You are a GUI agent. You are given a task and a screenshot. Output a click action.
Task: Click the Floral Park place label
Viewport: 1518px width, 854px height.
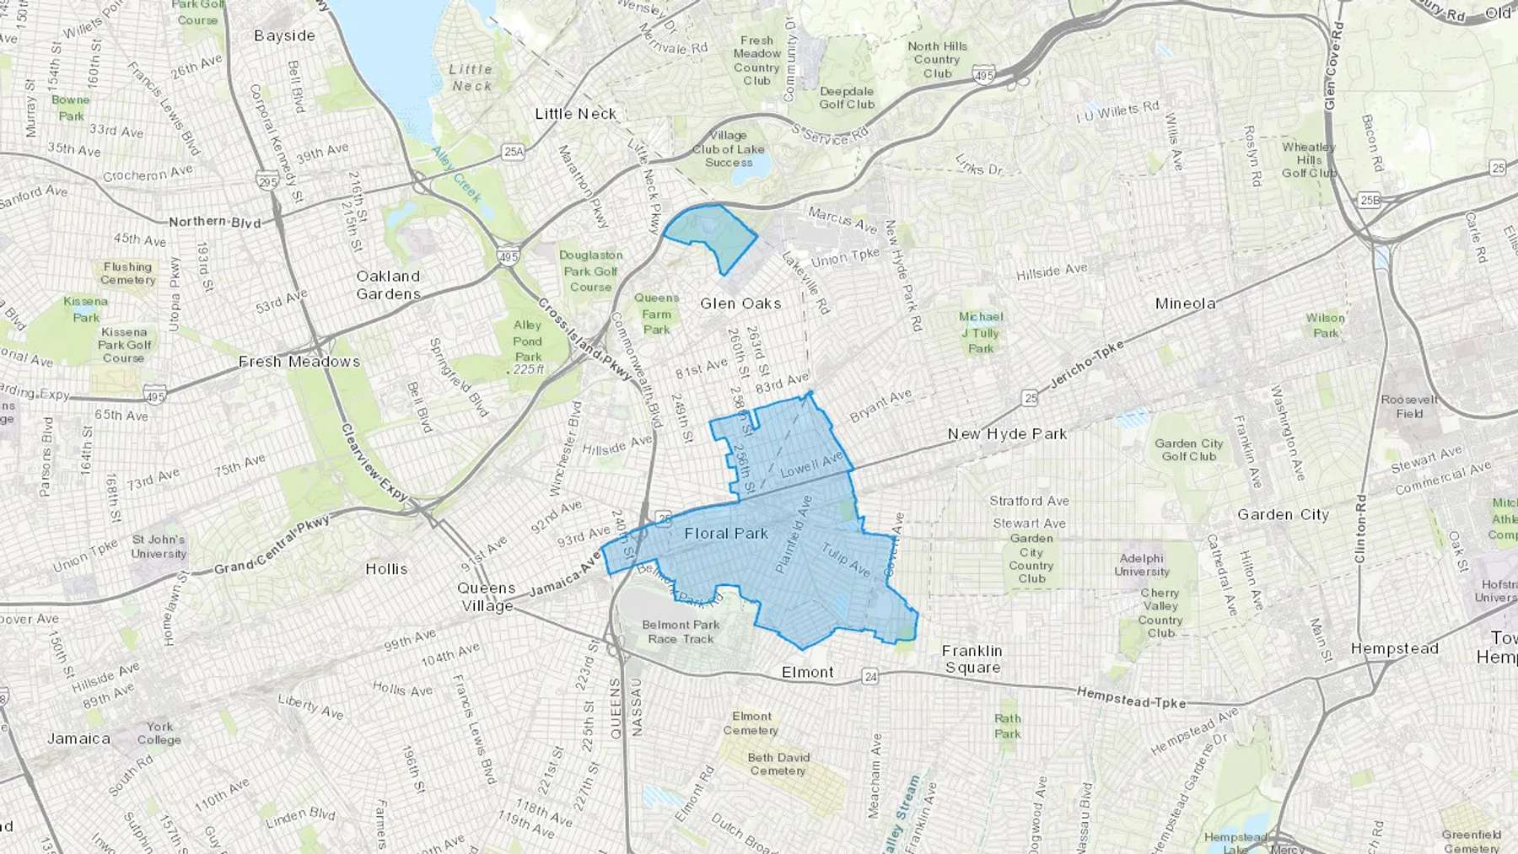pyautogui.click(x=726, y=534)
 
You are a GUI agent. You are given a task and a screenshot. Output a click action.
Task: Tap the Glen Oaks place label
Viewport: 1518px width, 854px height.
pyautogui.click(x=740, y=303)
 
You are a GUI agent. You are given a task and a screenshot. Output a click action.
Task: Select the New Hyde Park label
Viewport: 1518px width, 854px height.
pyautogui.click(x=1007, y=434)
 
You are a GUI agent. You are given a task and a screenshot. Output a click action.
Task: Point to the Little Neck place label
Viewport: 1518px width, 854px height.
pyautogui.click(x=576, y=114)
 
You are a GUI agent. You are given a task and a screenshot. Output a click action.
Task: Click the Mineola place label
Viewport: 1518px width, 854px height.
pyautogui.click(x=1185, y=303)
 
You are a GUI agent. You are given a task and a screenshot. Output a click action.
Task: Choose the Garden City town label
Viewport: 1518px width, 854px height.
pyautogui.click(x=1283, y=515)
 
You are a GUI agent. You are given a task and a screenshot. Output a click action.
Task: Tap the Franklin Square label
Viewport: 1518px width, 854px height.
pyautogui.click(x=972, y=659)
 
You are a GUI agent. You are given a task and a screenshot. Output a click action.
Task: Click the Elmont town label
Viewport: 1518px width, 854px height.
pyautogui.click(x=807, y=673)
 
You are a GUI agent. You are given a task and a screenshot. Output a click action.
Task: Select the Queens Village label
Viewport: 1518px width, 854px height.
pyautogui.click(x=487, y=597)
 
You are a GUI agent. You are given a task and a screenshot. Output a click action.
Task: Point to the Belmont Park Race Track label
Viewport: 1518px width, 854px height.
pyautogui.click(x=681, y=631)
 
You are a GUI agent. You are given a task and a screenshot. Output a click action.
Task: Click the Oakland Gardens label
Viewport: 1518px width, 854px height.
pyautogui.click(x=388, y=285)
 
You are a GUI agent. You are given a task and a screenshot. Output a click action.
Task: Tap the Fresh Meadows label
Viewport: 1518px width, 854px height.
pyautogui.click(x=299, y=362)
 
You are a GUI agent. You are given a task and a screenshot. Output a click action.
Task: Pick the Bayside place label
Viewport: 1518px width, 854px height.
pyautogui.click(x=284, y=36)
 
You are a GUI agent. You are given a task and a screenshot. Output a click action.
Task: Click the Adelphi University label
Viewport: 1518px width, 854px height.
pyautogui.click(x=1142, y=565)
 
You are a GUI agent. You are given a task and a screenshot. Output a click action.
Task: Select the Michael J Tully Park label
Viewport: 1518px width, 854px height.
pyautogui.click(x=981, y=332)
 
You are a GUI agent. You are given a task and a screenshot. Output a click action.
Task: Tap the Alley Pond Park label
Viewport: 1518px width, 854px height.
pyautogui.click(x=528, y=341)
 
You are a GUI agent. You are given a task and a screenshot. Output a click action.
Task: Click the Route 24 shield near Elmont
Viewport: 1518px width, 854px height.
pyautogui.click(x=870, y=676)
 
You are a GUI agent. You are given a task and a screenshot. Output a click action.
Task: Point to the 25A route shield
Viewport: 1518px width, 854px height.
pyautogui.click(x=513, y=152)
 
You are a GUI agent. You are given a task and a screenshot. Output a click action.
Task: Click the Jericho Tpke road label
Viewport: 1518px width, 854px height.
pyautogui.click(x=1087, y=366)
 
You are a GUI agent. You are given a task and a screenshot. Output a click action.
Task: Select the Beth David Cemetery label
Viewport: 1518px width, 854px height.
pyautogui.click(x=778, y=764)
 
